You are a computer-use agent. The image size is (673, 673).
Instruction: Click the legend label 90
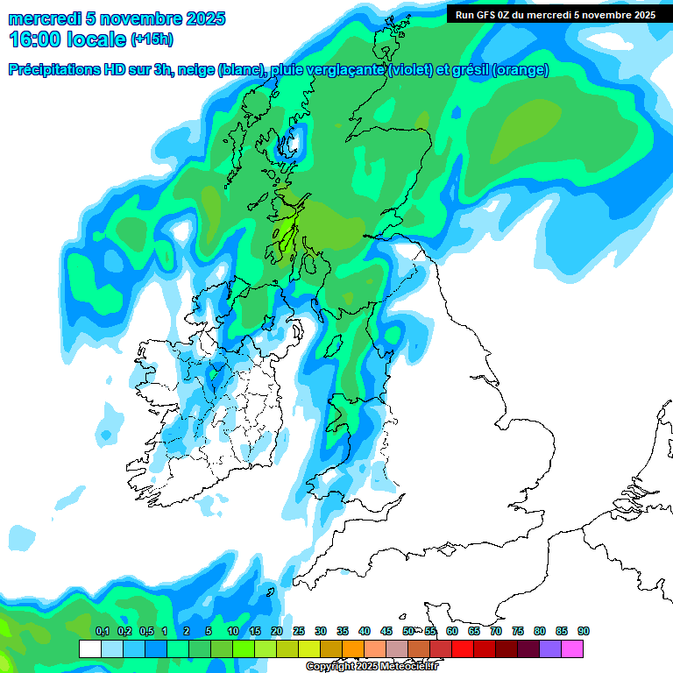pos(584,631)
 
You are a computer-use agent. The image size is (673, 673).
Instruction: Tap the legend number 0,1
pos(103,631)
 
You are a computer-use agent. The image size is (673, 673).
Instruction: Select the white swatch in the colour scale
pos(89,648)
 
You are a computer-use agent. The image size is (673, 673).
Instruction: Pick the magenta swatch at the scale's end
pos(572,648)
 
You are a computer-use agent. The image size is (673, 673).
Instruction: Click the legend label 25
pos(299,631)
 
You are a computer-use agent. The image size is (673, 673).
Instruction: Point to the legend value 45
pos(386,631)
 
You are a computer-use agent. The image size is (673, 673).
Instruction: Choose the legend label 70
pos(496,631)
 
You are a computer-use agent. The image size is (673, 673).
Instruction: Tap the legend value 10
pos(233,631)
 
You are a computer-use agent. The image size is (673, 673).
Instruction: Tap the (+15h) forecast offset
pos(152,39)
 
